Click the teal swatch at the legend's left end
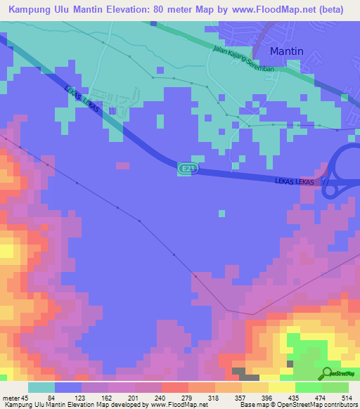41,388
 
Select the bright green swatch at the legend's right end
335,388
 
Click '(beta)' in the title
339,10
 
